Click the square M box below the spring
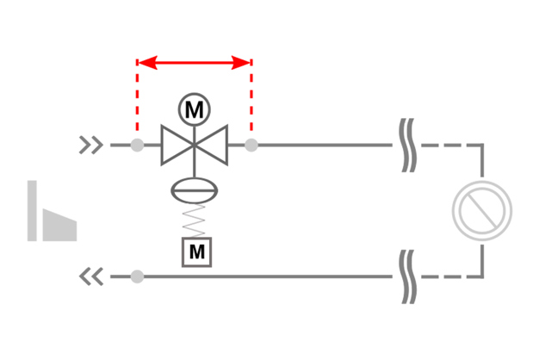click(197, 251)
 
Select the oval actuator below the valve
click(196, 189)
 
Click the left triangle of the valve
click(176, 145)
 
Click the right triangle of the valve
click(214, 145)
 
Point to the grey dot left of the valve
click(137, 145)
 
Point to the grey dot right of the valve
click(251, 145)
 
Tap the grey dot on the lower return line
click(137, 276)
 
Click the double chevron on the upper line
click(91, 145)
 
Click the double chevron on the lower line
click(91, 276)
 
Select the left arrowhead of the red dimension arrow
click(146, 63)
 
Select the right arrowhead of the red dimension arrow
click(243, 63)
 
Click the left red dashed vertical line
click(137, 99)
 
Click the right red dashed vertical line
click(251, 99)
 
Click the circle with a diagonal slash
click(482, 210)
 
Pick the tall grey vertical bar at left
click(33, 211)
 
